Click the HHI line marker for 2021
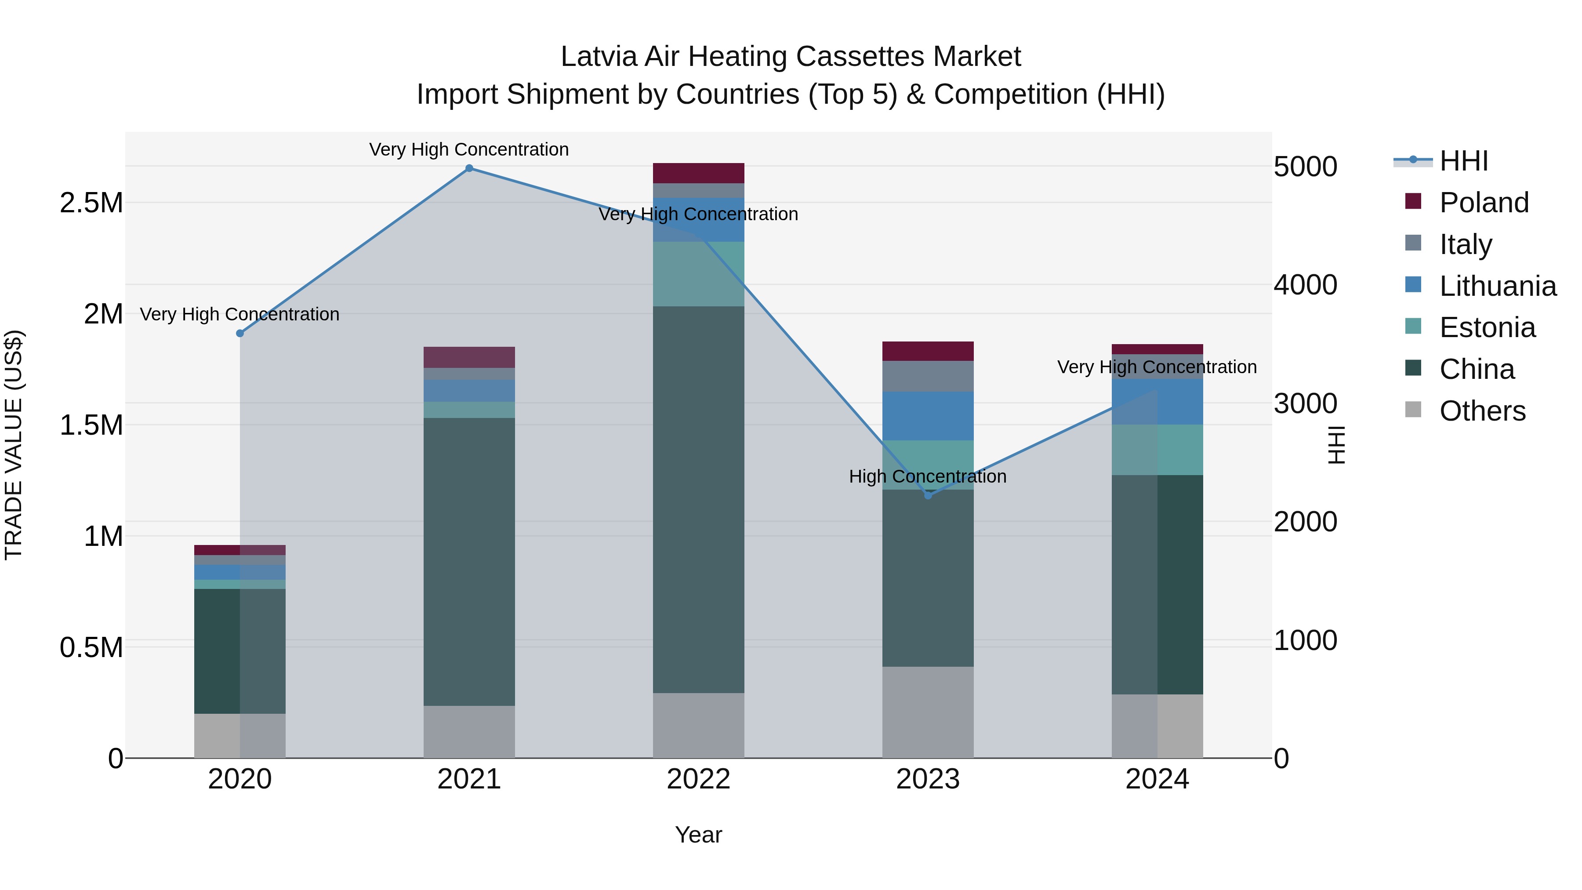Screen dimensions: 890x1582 [469, 168]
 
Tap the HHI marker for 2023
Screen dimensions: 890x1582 [928, 495]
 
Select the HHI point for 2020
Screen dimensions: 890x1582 [240, 334]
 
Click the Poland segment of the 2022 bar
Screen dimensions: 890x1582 [698, 173]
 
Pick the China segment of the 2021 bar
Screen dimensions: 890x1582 [469, 562]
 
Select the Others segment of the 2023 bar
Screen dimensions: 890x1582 [928, 712]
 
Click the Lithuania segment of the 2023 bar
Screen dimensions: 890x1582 [928, 416]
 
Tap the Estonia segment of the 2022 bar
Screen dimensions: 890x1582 [698, 274]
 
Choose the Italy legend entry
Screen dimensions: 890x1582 [1465, 244]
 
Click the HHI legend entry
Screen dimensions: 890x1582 [1463, 161]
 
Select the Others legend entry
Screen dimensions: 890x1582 [1481, 411]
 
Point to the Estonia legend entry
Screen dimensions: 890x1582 [1486, 327]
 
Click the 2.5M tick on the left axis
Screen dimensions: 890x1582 [91, 203]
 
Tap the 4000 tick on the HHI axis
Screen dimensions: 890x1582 [1305, 285]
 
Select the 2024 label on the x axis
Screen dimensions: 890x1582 [1157, 779]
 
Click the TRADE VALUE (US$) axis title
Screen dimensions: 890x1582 [14, 445]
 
